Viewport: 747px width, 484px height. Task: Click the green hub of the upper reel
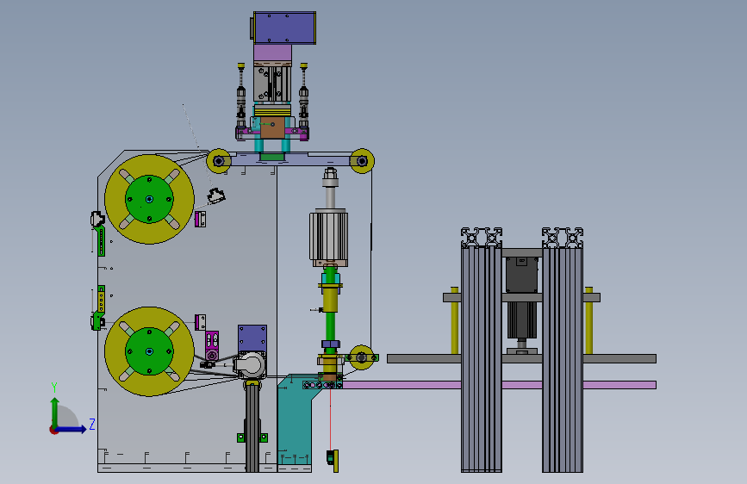pos(149,199)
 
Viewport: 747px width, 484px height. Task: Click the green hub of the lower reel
pos(149,351)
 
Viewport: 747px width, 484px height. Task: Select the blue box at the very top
pos(284,28)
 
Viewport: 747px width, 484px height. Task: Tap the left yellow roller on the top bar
pos(219,161)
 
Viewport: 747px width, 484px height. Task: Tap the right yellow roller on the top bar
pos(362,161)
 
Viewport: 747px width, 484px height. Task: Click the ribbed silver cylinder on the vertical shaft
pos(329,237)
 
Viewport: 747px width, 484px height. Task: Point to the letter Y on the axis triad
pos(54,388)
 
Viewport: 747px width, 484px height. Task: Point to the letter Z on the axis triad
pos(92,424)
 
